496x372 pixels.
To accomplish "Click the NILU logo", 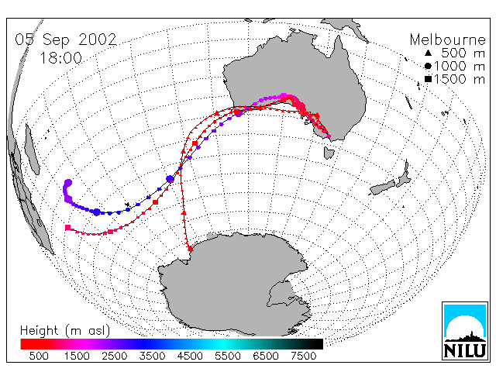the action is tap(465, 331).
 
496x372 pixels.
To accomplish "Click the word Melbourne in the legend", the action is tap(447, 40).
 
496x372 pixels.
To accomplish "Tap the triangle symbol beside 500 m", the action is tap(428, 53).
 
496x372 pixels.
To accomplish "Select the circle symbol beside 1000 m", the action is tap(428, 66).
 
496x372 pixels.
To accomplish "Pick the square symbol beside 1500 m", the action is tap(428, 79).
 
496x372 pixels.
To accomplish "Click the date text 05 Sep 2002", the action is tap(66, 40).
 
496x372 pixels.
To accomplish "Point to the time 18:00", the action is tap(60, 58).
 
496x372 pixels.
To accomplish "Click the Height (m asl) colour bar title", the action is tap(65, 331).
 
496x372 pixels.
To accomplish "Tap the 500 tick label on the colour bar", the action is tap(39, 356).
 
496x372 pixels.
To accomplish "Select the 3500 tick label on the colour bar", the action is tap(152, 356).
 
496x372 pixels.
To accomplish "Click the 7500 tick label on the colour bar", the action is tap(303, 356).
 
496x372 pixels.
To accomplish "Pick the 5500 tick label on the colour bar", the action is tap(228, 356).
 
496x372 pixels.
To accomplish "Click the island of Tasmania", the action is tap(329, 153).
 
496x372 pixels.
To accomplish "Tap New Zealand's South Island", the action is tap(383, 188).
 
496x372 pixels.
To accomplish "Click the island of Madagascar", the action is tap(32, 150).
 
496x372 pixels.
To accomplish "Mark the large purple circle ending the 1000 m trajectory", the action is tap(68, 183).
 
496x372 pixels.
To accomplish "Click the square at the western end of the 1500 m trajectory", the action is tap(67, 227).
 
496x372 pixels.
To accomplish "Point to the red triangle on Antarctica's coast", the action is tap(190, 249).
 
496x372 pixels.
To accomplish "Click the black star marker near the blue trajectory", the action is tap(127, 205).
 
